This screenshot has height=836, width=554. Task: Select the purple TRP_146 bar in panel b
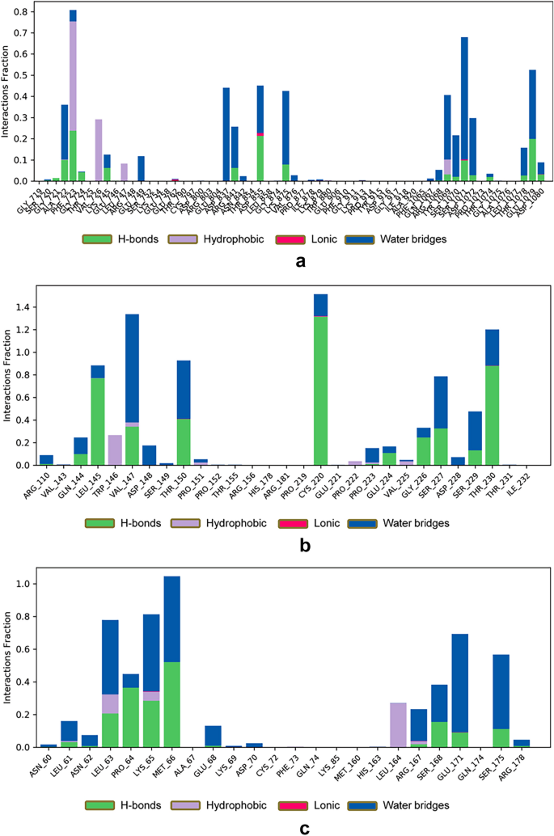tap(115, 450)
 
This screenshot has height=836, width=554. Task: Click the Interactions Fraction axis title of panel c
tap(8, 654)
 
